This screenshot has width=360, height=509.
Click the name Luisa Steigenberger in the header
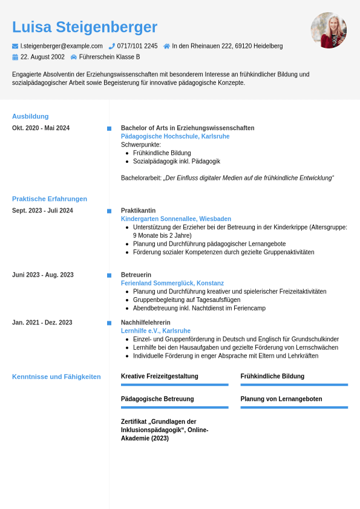[x=85, y=27]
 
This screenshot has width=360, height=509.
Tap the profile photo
[x=329, y=30]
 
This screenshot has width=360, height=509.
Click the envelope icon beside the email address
[x=15, y=46]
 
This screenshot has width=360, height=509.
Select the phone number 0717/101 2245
[x=137, y=46]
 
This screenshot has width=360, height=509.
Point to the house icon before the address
[x=166, y=46]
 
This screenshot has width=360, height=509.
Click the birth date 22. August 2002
[x=42, y=57]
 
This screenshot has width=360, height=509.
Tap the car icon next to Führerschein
[x=74, y=57]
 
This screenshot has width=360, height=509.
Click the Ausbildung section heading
[x=30, y=116]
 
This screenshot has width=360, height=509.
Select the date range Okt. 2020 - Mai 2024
[x=41, y=128]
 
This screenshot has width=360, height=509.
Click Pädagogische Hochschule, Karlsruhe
[x=175, y=136]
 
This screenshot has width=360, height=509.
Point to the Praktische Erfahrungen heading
[x=50, y=199]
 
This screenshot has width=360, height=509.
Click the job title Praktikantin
[x=138, y=211]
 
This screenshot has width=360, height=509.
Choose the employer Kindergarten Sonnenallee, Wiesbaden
[x=175, y=218]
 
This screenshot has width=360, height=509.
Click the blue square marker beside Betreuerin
[x=109, y=275]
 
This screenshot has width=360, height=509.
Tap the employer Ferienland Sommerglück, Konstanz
[x=172, y=283]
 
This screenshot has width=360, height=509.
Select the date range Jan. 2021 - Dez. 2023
[x=42, y=323]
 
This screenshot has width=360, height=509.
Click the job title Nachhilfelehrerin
[x=145, y=323]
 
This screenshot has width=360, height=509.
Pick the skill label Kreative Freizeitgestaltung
[x=159, y=376]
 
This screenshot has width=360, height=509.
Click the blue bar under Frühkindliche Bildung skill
[x=294, y=384]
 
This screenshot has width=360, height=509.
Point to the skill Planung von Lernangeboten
[x=281, y=399]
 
